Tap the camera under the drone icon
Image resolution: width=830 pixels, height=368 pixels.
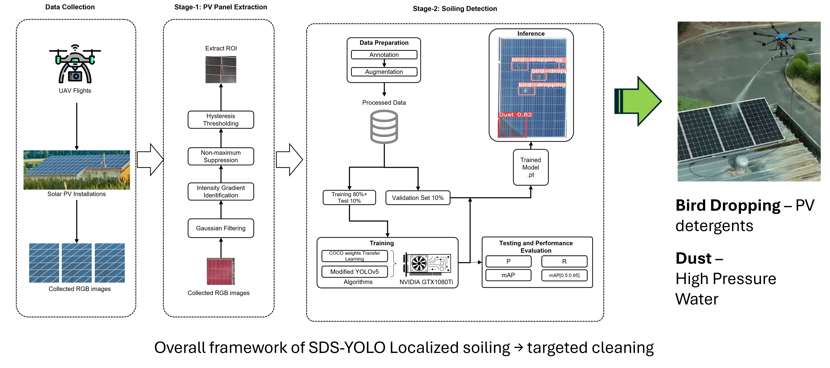point(75,76)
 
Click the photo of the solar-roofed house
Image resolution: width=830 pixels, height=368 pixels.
point(77,170)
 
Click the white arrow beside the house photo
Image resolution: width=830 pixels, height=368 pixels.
point(150,160)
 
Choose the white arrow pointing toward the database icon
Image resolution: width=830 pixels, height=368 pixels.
point(289,160)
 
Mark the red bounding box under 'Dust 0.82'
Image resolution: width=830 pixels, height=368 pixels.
point(512,127)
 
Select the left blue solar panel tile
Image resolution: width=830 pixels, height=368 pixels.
point(44,263)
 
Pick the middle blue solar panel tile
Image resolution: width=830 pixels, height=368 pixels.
point(77,263)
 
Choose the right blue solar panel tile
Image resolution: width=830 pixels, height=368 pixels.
point(110,263)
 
